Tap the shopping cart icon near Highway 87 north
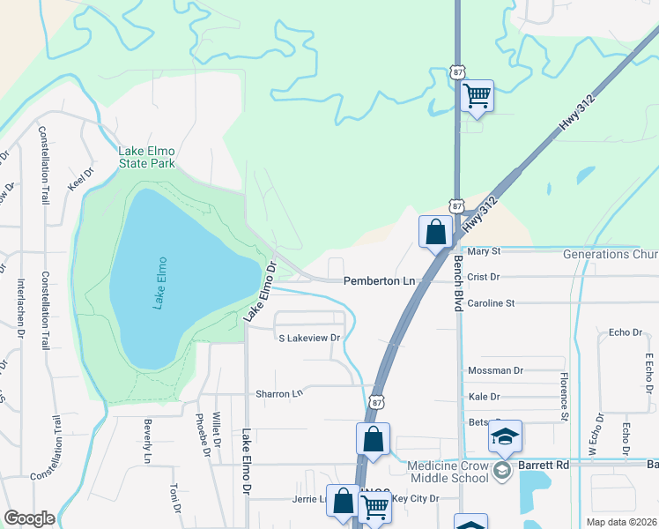point(477,94)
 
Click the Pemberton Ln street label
point(380,279)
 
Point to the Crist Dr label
point(484,277)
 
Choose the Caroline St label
point(491,303)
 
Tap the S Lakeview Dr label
point(308,338)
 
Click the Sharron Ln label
point(278,393)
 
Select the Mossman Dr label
point(496,371)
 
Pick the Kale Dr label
point(485,397)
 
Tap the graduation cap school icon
point(506,436)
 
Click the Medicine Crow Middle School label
point(448,472)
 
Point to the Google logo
point(30,518)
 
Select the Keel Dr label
point(80,180)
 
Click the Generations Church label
point(611,256)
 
